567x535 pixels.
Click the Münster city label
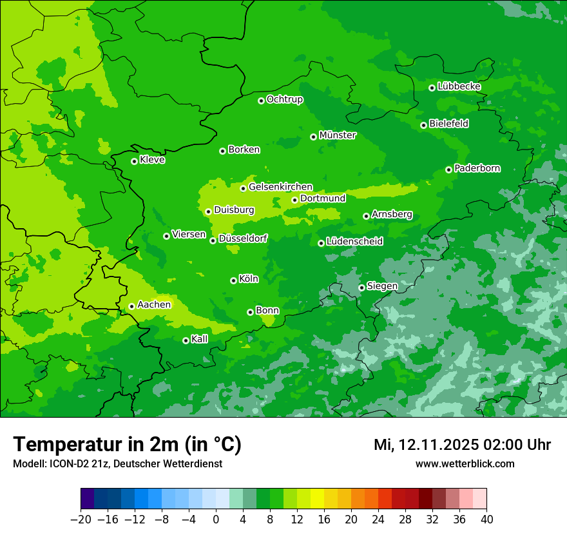tap(338, 135)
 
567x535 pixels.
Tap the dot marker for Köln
tap(233, 280)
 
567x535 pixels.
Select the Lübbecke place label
tap(459, 86)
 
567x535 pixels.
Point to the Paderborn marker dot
tap(448, 170)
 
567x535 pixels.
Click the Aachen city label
tap(154, 305)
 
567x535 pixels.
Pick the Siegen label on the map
tap(382, 286)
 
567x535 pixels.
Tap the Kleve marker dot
tap(134, 161)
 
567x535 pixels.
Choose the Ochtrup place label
tap(285, 99)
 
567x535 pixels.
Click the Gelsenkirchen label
tap(280, 187)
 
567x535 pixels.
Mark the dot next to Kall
tap(186, 340)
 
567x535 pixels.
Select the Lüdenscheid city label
tap(354, 242)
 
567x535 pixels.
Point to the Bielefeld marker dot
tap(423, 125)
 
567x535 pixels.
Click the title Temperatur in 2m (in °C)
tap(127, 445)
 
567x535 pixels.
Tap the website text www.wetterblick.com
tap(465, 463)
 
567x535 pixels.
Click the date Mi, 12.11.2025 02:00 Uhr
tap(462, 445)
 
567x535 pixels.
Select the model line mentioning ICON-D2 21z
tap(117, 463)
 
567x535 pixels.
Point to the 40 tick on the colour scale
tap(486, 519)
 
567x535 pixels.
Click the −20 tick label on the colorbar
tap(81, 519)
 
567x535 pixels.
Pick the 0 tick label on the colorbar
tap(216, 519)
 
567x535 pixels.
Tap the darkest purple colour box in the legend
tap(87, 499)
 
